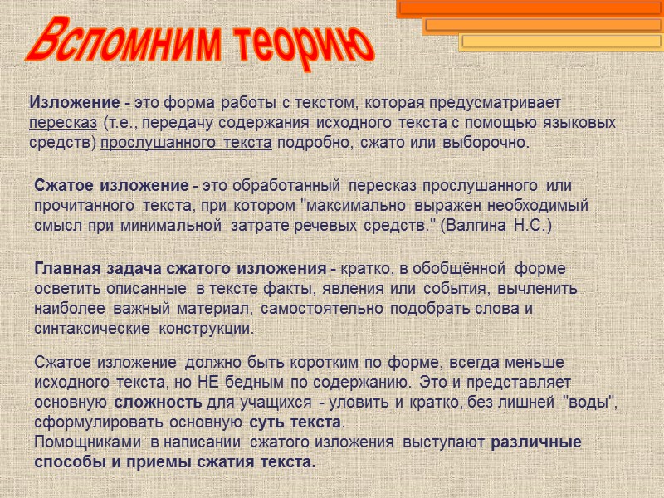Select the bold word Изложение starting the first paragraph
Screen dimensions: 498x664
pos(75,103)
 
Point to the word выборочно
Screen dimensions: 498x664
pos(490,143)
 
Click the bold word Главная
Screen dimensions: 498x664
pos(66,268)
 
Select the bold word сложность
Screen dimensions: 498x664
pos(157,403)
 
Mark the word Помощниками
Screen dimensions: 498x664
pos(86,442)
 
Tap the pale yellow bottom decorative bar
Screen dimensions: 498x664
pos(560,41)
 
